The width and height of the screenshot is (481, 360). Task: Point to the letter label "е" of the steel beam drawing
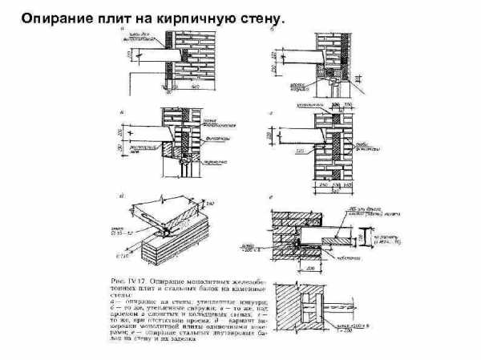[x=274, y=196]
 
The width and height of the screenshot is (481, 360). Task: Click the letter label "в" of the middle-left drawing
[x=121, y=112]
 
